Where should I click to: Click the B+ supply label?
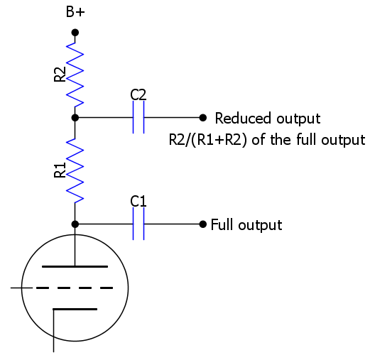pos(75,12)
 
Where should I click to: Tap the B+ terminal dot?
pos(75,33)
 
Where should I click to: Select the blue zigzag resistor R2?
pos(75,75)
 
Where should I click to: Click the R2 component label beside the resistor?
pos(60,75)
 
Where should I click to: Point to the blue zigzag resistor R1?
pos(75,170)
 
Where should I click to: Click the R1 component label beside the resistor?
pos(60,170)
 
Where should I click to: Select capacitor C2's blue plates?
pos(138,117)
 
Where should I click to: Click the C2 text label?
pos(138,94)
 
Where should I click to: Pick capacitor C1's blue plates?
pos(138,224)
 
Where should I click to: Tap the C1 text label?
pos(138,202)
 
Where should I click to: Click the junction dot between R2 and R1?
pos(75,117)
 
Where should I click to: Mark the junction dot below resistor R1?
pos(75,224)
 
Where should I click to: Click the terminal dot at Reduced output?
pos(203,117)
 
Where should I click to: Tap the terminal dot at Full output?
pos(203,224)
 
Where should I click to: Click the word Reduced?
pos(243,118)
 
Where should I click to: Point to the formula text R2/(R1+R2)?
pos(208,140)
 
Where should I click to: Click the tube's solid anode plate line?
pos(75,266)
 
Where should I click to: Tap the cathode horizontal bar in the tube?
pos(75,309)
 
